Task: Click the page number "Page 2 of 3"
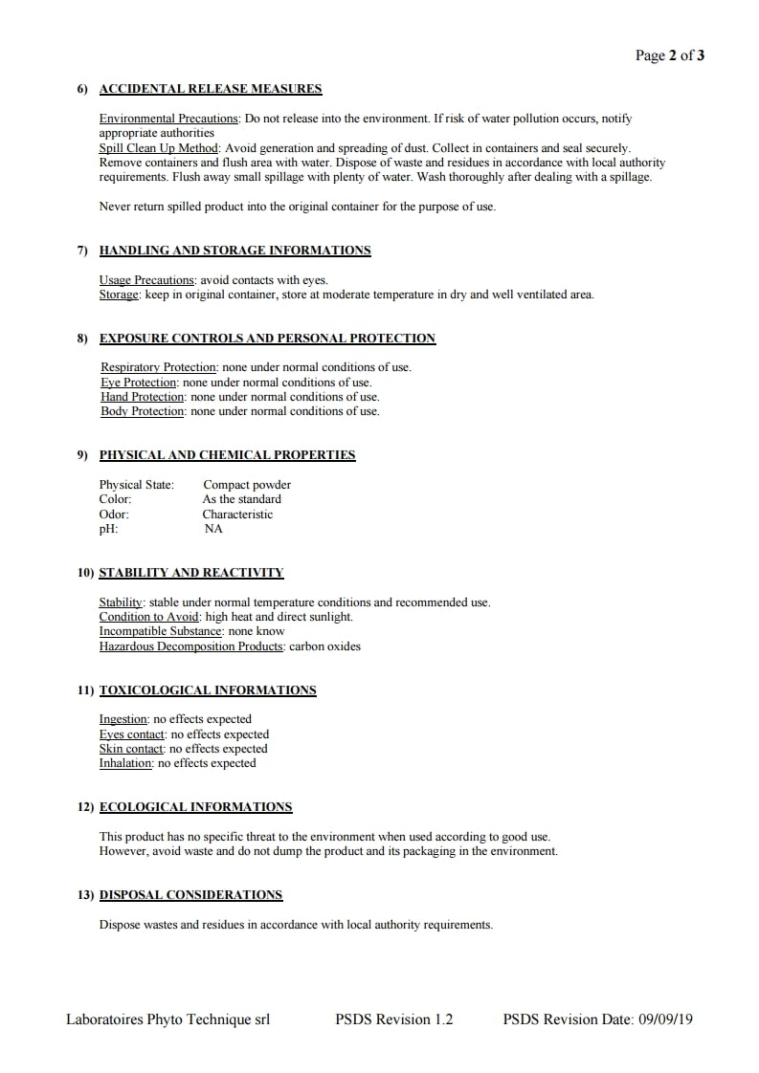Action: [x=670, y=55]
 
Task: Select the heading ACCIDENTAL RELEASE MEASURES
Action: [x=211, y=89]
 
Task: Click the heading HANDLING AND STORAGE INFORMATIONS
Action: [x=234, y=251]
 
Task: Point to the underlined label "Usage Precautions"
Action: [x=146, y=280]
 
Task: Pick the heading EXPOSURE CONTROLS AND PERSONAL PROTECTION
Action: [x=267, y=339]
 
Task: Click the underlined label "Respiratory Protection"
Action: [x=158, y=367]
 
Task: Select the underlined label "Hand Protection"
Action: [x=143, y=397]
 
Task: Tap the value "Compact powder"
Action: [x=247, y=485]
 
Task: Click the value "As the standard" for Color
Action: [x=241, y=499]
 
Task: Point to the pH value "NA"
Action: [x=213, y=529]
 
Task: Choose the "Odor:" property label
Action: [x=114, y=515]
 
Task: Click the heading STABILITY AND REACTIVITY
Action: [x=191, y=573]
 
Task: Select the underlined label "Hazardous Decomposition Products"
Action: [x=191, y=646]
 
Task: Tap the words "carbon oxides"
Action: [x=325, y=646]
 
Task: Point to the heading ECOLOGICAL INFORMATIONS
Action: [x=195, y=807]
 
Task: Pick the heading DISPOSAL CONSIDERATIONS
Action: [x=190, y=895]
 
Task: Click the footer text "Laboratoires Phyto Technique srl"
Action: [x=167, y=1019]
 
